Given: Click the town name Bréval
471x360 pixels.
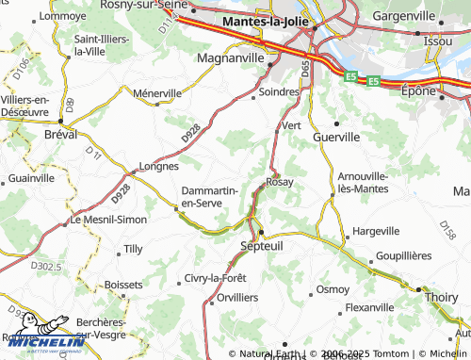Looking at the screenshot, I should pyautogui.click(x=61, y=133).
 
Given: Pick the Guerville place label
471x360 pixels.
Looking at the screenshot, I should pyautogui.click(x=336, y=137).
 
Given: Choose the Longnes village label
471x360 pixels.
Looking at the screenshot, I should pyautogui.click(x=158, y=166).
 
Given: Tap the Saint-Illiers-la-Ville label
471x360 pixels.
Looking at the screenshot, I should pyautogui.click(x=89, y=45).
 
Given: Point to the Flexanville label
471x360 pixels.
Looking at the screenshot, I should pyautogui.click(x=369, y=307).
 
